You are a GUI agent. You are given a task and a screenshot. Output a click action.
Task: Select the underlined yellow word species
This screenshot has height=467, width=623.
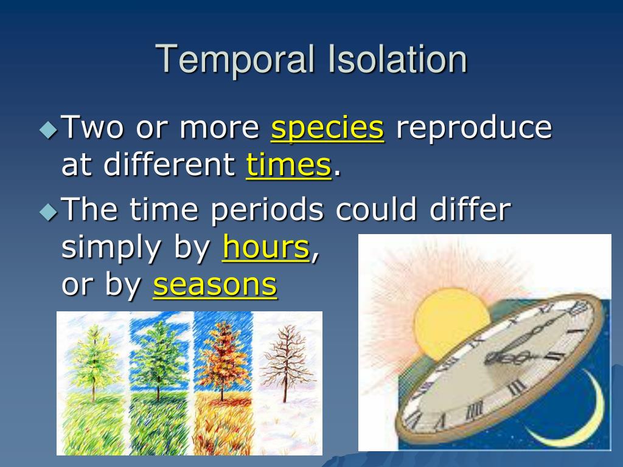coord(327,128)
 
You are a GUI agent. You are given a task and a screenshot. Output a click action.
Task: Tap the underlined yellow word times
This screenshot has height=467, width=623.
coord(288,164)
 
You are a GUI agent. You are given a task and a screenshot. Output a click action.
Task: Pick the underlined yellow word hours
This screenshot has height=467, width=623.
coord(266,247)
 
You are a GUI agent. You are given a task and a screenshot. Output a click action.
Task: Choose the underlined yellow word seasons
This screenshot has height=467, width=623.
coord(215,285)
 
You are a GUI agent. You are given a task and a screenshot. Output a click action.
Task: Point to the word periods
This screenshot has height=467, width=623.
coord(267,209)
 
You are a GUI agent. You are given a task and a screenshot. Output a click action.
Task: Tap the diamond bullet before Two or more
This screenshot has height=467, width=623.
coord(49,130)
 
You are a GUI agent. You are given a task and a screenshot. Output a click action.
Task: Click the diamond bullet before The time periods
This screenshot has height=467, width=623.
coord(49,212)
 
